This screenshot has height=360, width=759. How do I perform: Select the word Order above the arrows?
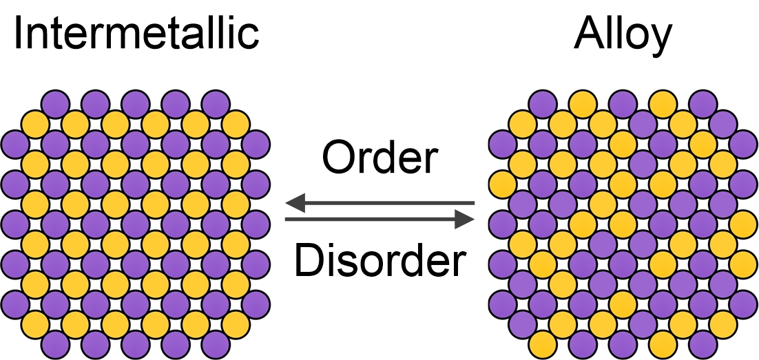pos(379,158)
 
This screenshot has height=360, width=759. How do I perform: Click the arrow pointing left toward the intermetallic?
pos(379,203)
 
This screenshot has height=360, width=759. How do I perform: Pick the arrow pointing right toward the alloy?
pos(379,220)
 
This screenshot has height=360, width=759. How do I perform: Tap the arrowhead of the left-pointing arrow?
pos(295,203)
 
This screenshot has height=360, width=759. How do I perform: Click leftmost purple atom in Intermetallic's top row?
pos(56,104)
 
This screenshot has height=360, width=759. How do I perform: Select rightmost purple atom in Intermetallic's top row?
pos(216,104)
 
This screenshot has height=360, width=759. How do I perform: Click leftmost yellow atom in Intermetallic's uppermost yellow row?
pos(35,124)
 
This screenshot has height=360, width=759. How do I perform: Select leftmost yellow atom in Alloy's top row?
pos(582,104)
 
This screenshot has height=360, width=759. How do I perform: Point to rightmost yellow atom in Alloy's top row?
pos(663,104)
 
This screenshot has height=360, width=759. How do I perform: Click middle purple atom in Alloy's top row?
pos(623,104)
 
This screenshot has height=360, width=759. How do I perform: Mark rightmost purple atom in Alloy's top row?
pos(703,104)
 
